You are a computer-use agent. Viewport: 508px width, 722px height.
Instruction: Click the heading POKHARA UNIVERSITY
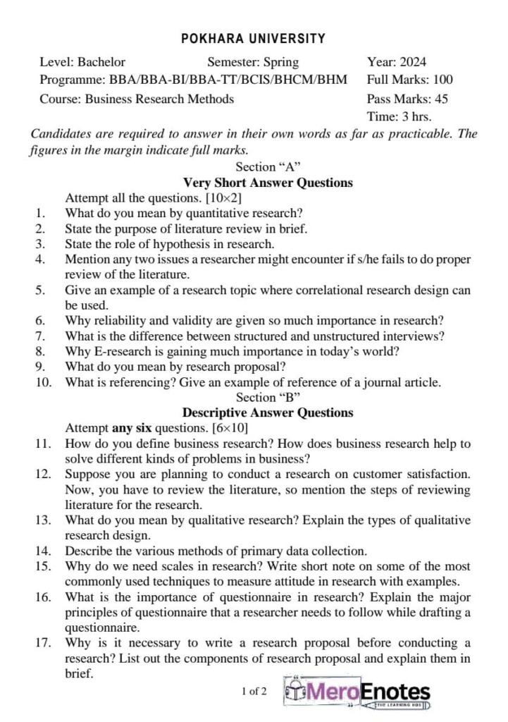[x=254, y=39]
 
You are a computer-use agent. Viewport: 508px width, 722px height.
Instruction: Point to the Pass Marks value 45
[x=441, y=99]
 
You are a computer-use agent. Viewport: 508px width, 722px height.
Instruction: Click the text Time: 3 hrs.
[x=399, y=116]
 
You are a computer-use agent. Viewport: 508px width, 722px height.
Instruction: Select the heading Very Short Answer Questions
[x=268, y=183]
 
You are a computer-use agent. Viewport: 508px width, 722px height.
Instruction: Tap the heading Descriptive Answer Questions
[x=268, y=412]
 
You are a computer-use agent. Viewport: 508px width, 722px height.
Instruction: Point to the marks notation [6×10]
[x=230, y=428]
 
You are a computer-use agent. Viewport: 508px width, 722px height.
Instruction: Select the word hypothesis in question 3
[x=178, y=244]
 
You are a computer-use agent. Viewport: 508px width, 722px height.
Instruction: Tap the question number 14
[x=42, y=551]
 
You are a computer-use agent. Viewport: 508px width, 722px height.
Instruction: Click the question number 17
[x=42, y=642]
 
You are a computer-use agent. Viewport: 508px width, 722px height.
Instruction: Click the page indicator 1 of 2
[x=254, y=691]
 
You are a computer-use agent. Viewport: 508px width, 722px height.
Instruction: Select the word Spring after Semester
[x=280, y=62]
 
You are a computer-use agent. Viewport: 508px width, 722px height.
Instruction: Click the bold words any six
[x=132, y=428]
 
